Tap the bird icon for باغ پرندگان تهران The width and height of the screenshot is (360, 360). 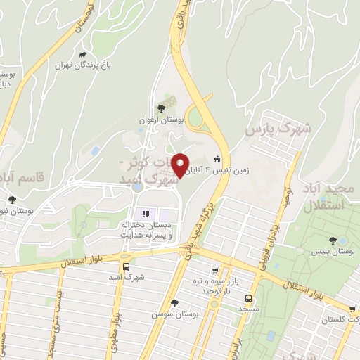click(83, 55)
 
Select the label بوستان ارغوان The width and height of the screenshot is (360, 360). click(163, 120)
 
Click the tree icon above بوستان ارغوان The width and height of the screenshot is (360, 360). click(162, 108)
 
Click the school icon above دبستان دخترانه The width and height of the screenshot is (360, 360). click(146, 214)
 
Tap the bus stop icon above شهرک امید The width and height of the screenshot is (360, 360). click(126, 266)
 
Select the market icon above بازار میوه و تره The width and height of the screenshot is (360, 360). click(215, 271)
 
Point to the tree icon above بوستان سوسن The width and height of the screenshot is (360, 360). click(174, 302)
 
